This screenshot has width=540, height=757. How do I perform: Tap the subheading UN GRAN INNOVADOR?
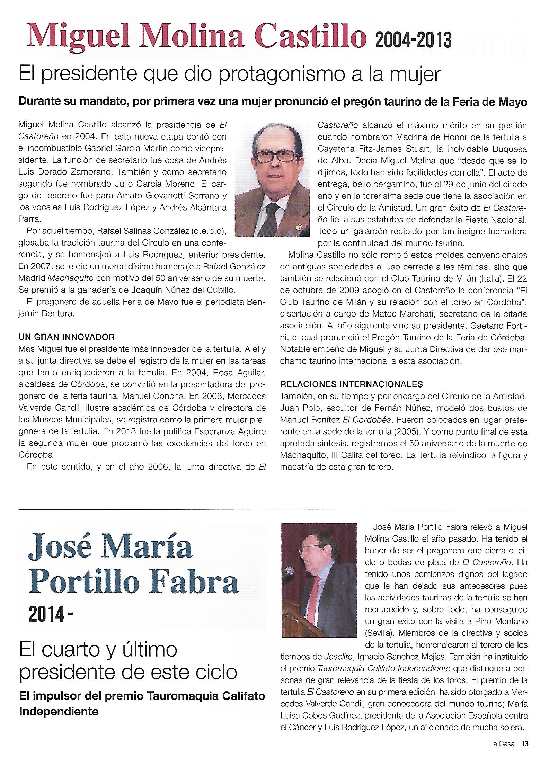[x=67, y=336]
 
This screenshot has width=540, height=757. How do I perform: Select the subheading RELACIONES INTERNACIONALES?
[x=351, y=384]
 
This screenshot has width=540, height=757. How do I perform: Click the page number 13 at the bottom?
[x=524, y=743]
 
